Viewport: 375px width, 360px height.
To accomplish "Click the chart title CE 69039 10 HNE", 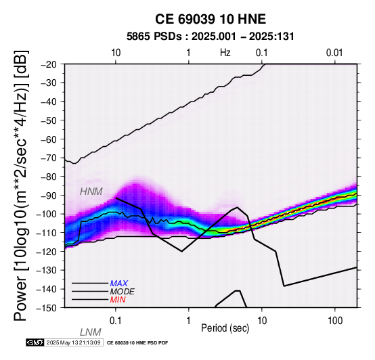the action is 211,19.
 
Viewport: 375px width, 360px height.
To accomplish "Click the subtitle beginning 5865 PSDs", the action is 211,37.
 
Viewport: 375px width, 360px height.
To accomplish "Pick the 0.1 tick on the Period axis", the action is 116,321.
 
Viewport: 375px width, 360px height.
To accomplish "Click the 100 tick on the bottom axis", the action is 335,321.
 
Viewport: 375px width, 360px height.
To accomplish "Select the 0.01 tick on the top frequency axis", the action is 334,53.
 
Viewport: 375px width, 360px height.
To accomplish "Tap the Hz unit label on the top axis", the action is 225,53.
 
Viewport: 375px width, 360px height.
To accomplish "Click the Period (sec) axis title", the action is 225,328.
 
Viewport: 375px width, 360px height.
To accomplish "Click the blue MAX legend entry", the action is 119,284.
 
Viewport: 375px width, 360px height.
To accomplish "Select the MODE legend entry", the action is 123,292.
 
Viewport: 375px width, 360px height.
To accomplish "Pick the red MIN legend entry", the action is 118,300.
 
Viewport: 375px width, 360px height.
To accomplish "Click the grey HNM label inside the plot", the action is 91,192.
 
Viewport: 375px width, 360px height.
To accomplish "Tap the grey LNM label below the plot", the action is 91,332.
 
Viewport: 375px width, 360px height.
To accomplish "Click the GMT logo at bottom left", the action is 35,342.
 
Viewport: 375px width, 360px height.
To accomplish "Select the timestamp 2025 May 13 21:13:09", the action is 73,342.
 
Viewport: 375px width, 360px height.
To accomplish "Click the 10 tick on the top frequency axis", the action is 116,53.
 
